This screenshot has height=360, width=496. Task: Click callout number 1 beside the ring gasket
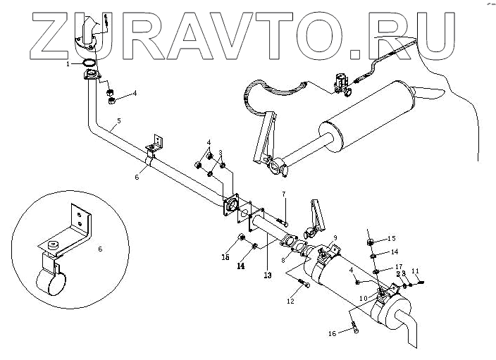point(68,64)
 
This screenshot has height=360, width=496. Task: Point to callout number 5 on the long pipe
point(118,121)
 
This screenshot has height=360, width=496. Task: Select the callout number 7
point(284,194)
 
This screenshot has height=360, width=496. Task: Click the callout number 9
point(336,237)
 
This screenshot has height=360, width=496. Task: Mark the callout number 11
point(415,271)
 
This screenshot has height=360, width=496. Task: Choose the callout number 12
point(290,302)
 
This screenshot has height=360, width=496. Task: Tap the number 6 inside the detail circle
point(99,249)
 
